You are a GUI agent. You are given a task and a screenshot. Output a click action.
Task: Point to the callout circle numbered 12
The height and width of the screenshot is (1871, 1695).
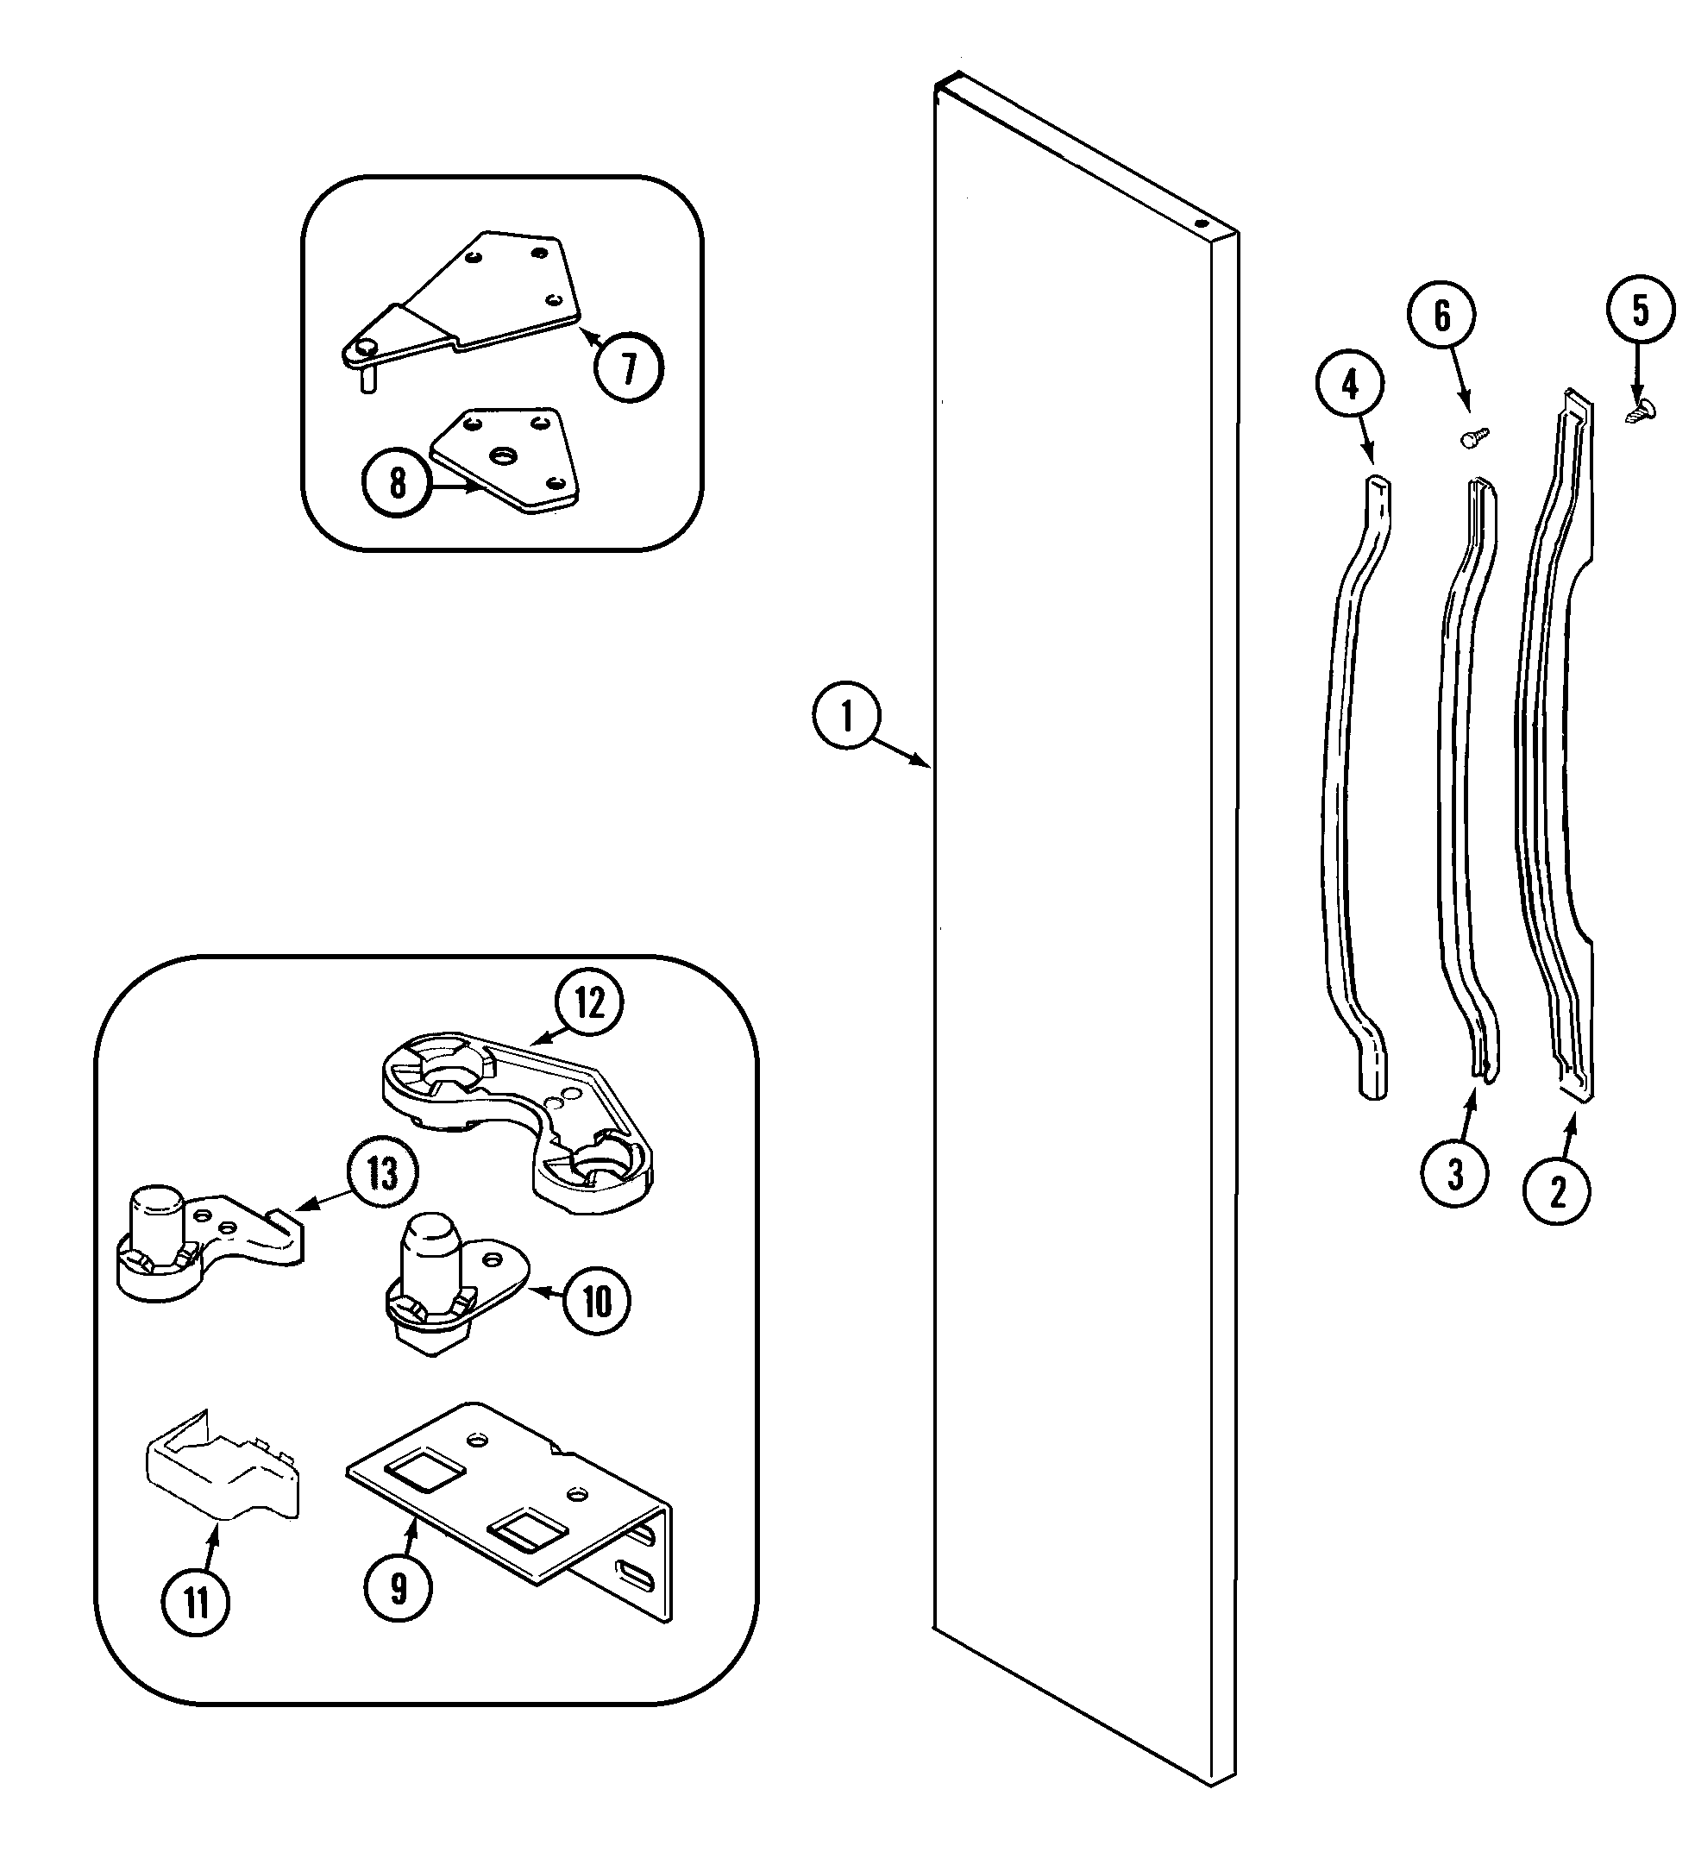click(589, 1003)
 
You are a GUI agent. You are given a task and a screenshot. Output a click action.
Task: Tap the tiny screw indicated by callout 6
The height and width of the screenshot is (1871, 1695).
click(1473, 437)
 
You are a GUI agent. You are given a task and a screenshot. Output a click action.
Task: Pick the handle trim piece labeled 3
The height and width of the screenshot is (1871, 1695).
click(1460, 789)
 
